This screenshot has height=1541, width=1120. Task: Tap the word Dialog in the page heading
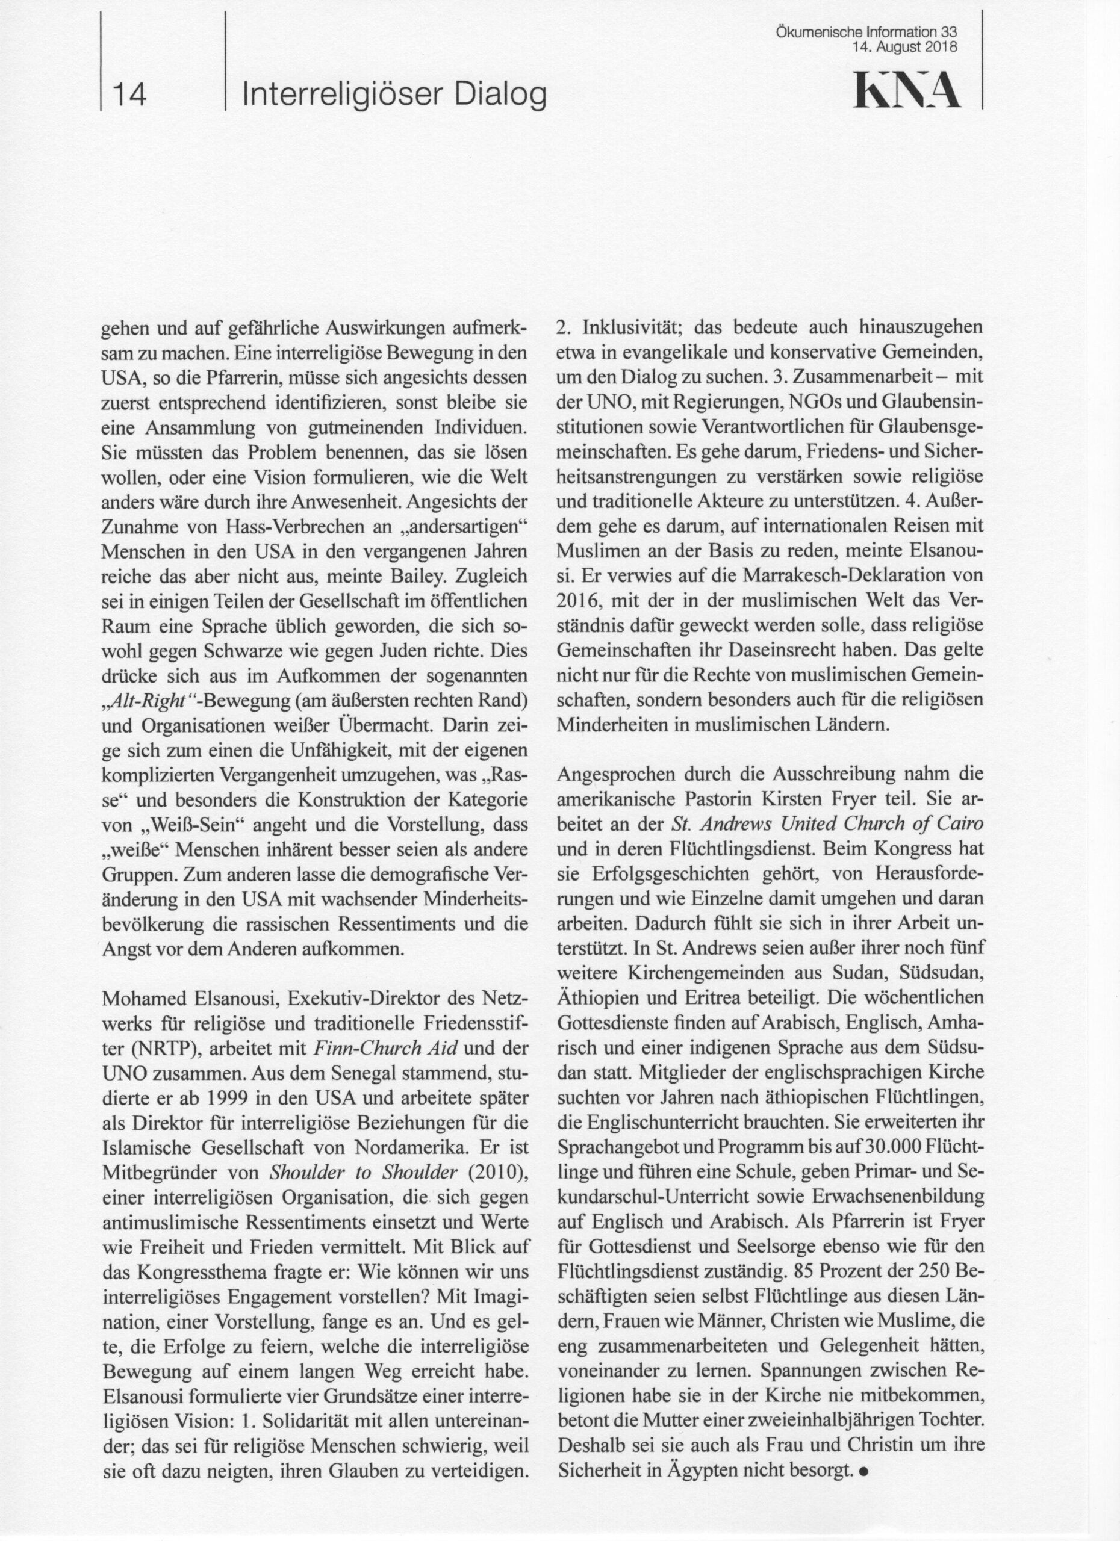500,96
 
